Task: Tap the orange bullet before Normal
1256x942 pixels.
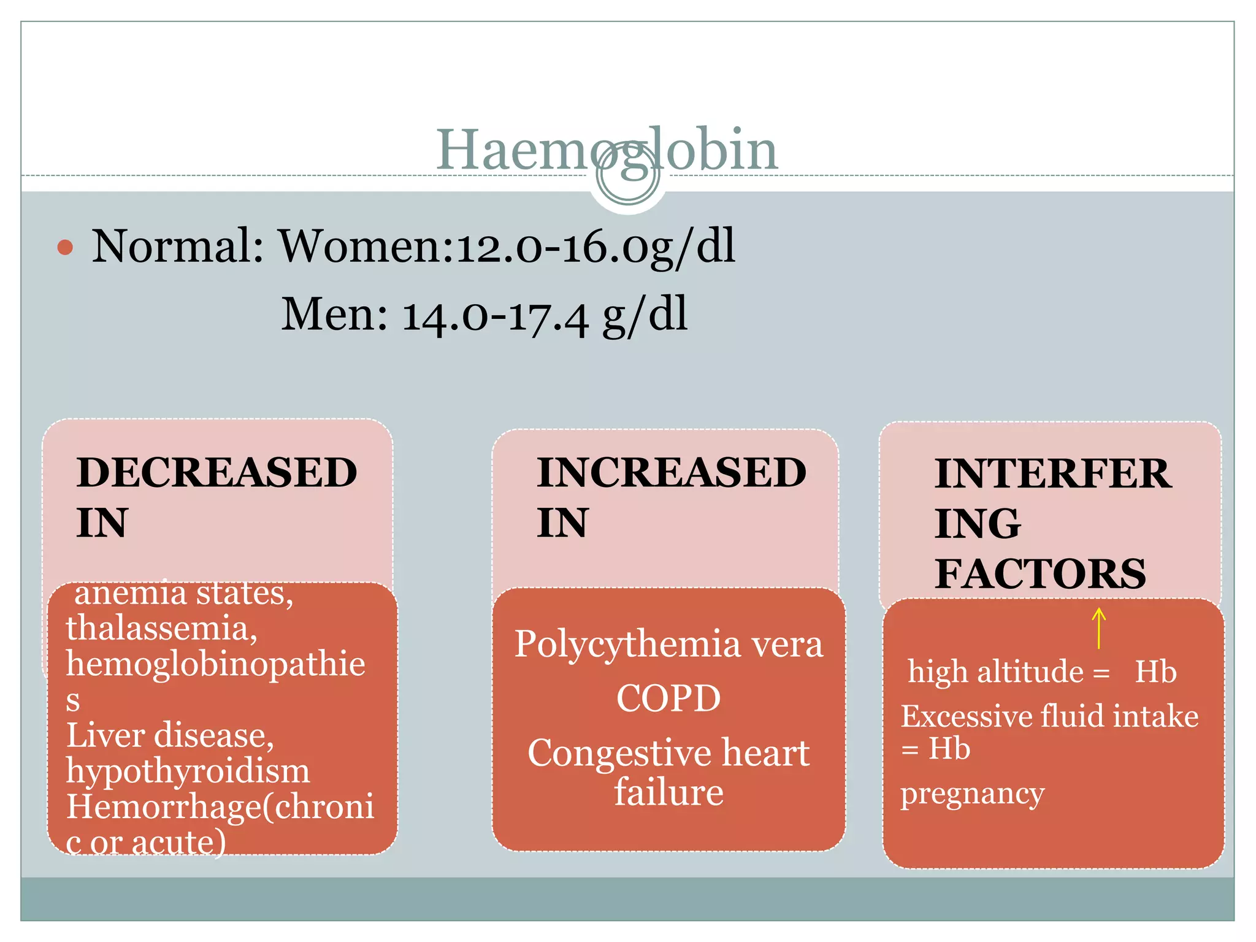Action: (x=65, y=248)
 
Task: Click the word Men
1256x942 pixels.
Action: (x=334, y=315)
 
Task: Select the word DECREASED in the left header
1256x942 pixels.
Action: (x=216, y=473)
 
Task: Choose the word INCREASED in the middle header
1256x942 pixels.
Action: (x=671, y=473)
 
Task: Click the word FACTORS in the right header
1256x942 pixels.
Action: (x=1040, y=574)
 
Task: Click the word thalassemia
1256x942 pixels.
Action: (x=161, y=629)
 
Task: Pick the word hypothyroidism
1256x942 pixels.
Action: (x=188, y=771)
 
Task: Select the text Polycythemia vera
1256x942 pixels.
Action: (x=668, y=645)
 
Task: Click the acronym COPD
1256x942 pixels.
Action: (x=668, y=699)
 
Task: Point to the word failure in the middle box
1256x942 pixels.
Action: (x=668, y=792)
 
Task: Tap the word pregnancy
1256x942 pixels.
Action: (x=972, y=794)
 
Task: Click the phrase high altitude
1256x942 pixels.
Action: (x=995, y=672)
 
